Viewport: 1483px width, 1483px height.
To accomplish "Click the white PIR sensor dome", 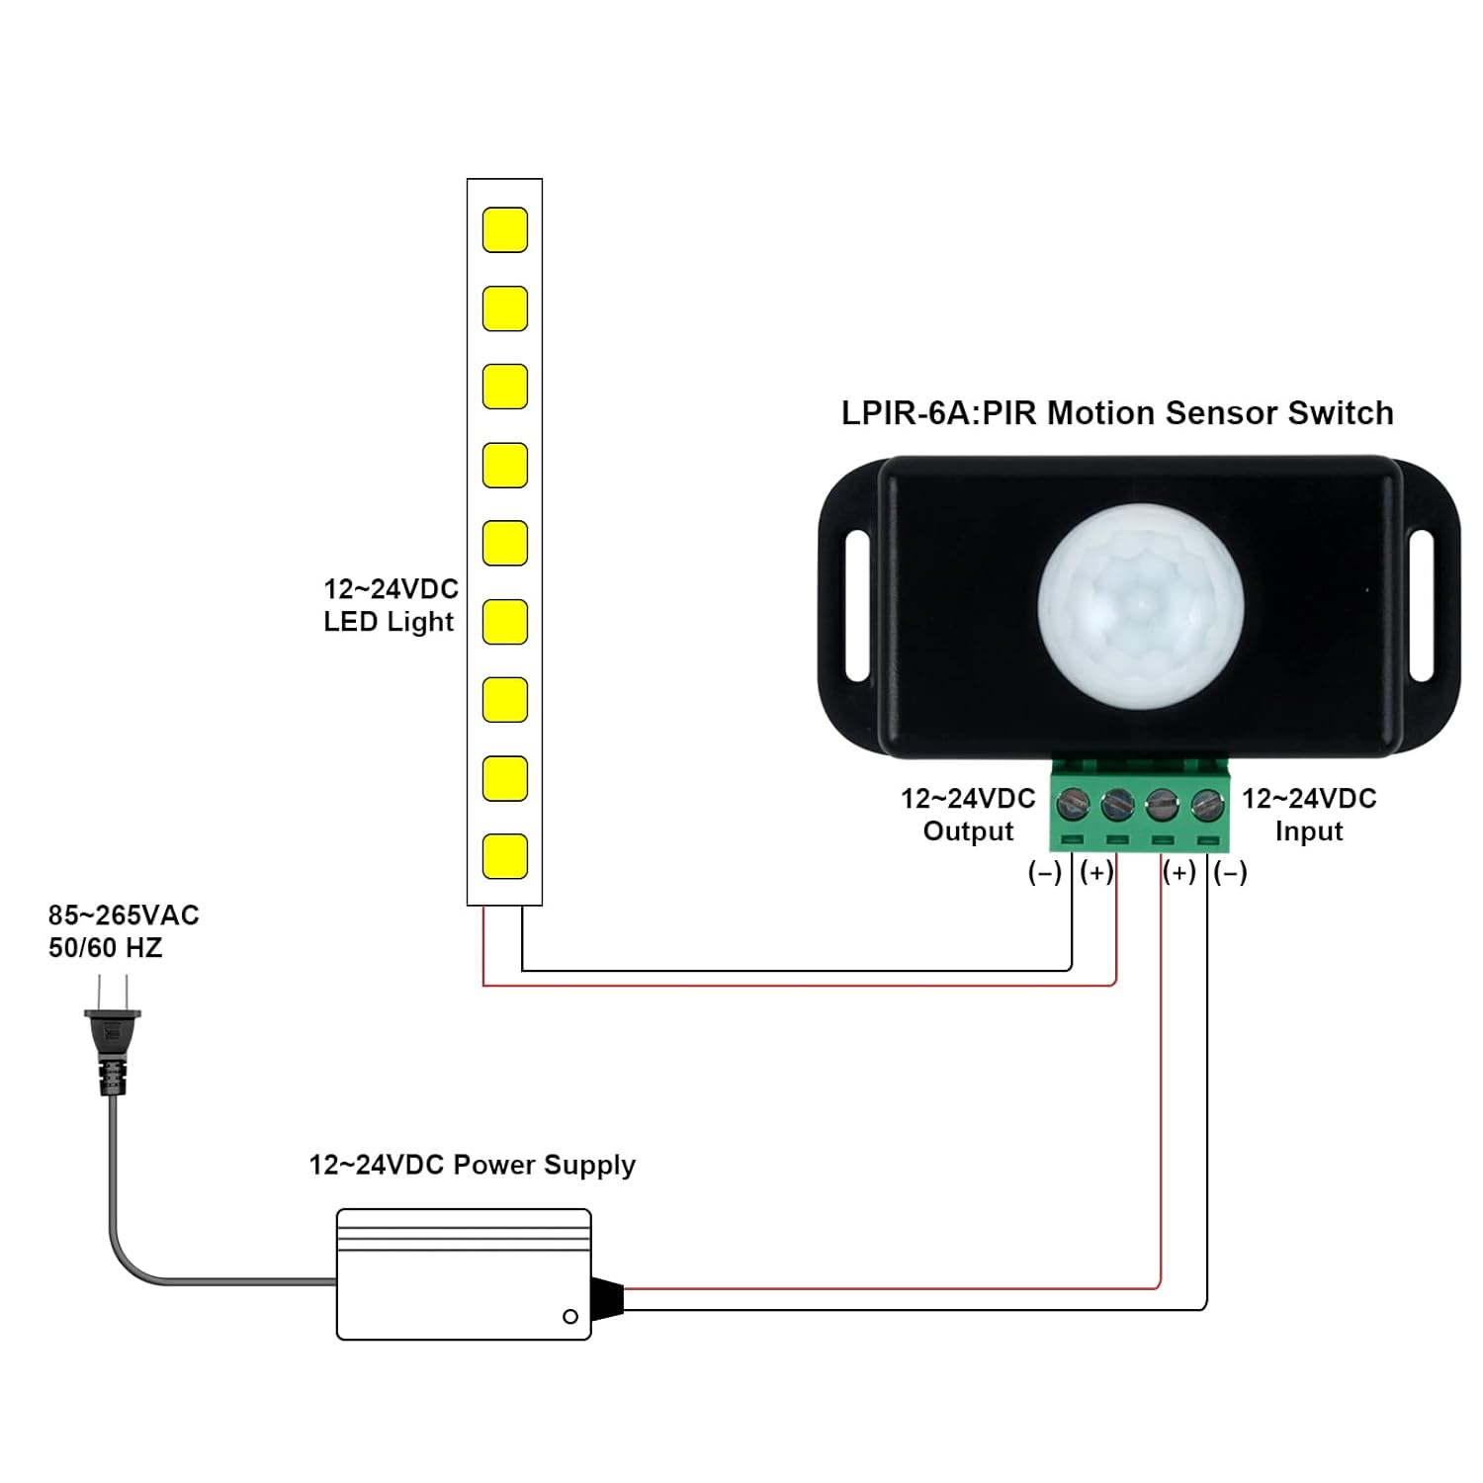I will pos(1140,605).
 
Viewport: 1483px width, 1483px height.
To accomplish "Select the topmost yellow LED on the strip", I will pos(504,229).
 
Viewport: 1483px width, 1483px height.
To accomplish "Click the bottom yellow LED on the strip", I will pos(504,856).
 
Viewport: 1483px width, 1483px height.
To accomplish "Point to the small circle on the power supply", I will pos(569,1316).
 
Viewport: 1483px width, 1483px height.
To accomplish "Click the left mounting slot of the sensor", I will pos(857,605).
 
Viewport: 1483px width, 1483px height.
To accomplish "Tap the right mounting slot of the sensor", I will pos(1421,605).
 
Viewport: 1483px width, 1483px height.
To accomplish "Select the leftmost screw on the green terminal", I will pos(1073,805).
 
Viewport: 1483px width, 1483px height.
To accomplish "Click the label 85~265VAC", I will pos(124,916).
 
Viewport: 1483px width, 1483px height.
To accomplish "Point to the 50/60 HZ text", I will pos(105,948).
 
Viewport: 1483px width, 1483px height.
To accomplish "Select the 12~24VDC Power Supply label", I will pos(472,1165).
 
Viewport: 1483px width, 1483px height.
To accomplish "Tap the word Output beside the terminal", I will pos(968,831).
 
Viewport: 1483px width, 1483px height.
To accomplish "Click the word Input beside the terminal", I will pos(1308,831).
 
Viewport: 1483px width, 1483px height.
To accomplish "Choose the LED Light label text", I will pos(388,622).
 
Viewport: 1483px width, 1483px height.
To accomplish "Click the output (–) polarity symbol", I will pos(1044,872).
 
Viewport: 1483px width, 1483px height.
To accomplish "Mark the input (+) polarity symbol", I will pos(1178,872).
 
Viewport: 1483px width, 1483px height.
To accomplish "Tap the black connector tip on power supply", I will pos(607,1298).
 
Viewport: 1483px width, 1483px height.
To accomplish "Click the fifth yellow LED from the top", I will pos(504,543).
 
